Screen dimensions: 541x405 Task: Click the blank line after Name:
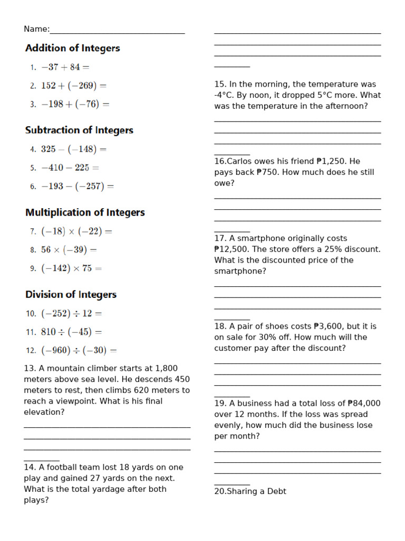coord(117,31)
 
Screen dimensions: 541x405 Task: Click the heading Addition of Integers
coord(73,48)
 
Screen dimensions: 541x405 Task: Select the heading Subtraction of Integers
coord(79,130)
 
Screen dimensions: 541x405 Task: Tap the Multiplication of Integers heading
coord(85,212)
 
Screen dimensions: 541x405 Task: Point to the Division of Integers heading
coord(71,294)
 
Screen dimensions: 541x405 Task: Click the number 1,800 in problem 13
coord(166,368)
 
